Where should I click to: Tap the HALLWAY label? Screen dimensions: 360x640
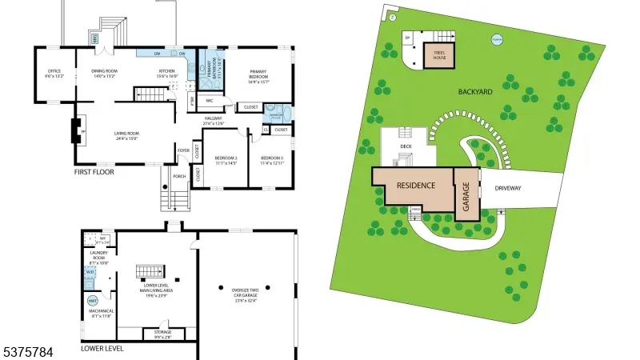212,120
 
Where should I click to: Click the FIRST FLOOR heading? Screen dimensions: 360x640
94,172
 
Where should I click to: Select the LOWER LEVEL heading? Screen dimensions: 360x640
102,349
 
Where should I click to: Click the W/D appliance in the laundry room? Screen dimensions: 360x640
88,272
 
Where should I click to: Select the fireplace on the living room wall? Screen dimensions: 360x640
77,130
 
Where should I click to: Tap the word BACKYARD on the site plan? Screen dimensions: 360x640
475,92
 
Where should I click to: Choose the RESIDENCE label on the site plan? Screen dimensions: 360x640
416,186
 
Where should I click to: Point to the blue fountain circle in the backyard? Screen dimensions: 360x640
497,39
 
